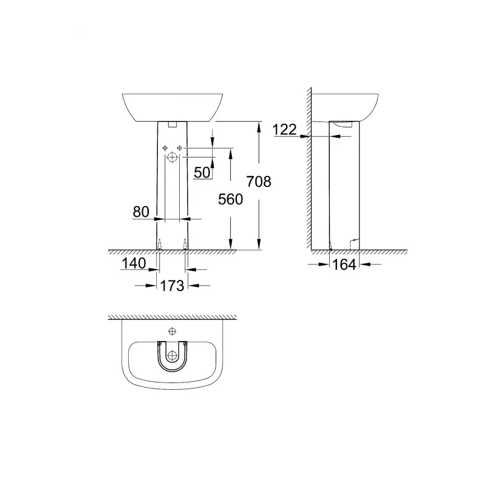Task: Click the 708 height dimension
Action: click(259, 181)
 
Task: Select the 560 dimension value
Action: click(231, 199)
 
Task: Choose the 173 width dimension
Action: click(172, 286)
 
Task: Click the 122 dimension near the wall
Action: click(285, 129)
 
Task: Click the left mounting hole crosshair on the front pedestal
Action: click(165, 148)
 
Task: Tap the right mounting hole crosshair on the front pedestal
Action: click(180, 148)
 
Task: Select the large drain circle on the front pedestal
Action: click(172, 159)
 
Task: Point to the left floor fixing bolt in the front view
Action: click(159, 244)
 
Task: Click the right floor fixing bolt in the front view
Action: click(186, 244)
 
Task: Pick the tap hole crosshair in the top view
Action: click(172, 330)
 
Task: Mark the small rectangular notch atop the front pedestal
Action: click(172, 124)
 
